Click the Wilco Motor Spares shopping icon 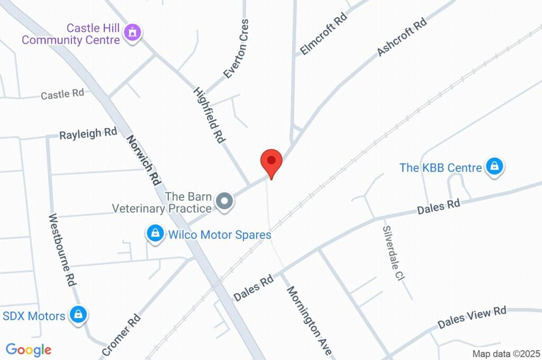point(155,233)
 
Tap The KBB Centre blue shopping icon point(494,167)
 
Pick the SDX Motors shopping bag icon point(79,315)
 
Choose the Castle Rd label point(62,94)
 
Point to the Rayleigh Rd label point(88,133)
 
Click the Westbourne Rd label point(61,250)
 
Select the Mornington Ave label point(310,321)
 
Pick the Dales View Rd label point(472,317)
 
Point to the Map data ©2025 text point(506,354)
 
